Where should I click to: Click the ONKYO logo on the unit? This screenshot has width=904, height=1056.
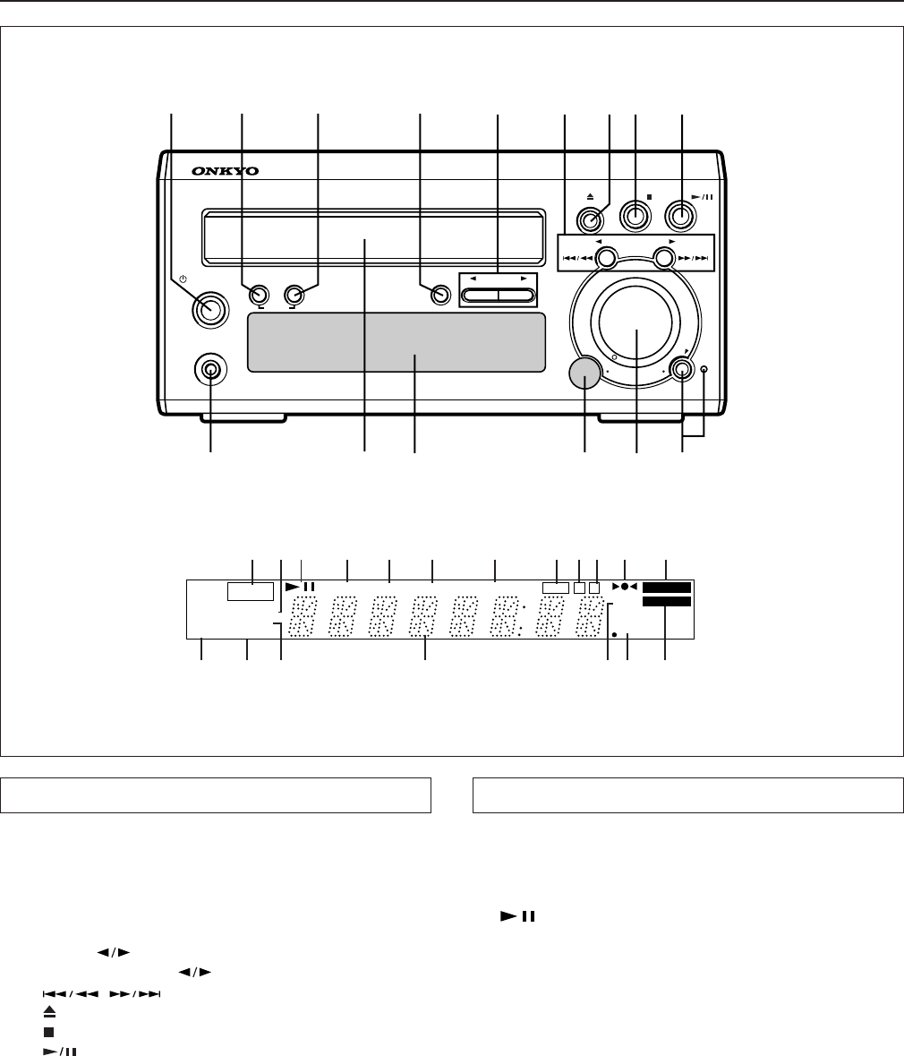[x=225, y=171]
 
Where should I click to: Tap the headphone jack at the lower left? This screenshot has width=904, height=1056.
[x=210, y=370]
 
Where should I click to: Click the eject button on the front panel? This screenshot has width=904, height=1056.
[x=591, y=219]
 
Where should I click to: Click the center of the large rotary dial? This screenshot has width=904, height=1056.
[x=635, y=321]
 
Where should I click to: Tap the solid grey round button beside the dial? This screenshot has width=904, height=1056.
[x=585, y=373]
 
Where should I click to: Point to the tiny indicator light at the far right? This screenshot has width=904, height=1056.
[x=704, y=369]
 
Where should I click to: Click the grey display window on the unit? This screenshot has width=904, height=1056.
[x=397, y=342]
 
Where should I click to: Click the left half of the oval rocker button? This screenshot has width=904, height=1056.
[x=481, y=295]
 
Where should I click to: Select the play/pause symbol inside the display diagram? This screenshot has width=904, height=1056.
[x=300, y=586]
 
